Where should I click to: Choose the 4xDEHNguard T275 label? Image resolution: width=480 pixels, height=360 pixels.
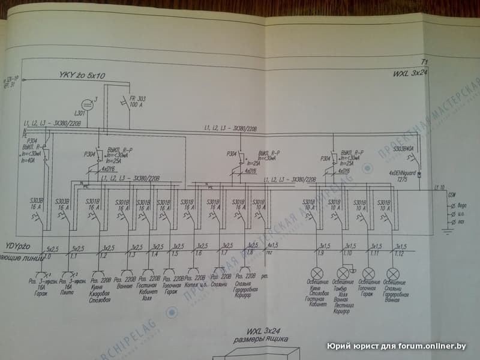(402, 176)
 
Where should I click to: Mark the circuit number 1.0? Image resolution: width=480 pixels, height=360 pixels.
(48, 256)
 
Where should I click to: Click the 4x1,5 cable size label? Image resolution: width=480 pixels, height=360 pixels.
(272, 245)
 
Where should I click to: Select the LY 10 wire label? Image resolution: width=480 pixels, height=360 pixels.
(439, 188)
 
